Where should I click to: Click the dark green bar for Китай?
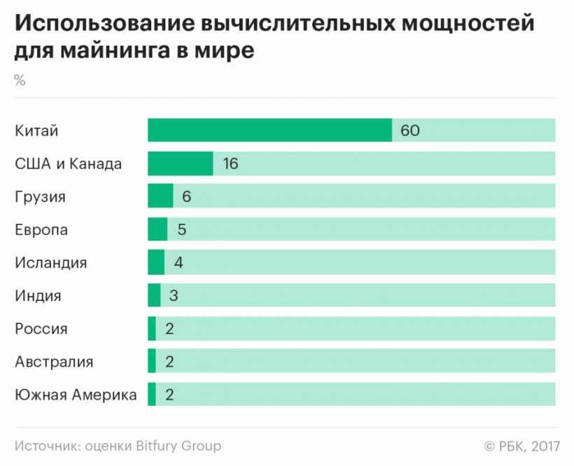click(x=269, y=130)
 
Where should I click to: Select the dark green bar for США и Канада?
click(x=180, y=164)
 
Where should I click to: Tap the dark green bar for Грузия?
click(x=160, y=197)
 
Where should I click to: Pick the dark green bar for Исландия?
click(x=156, y=262)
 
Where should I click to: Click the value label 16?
click(x=230, y=164)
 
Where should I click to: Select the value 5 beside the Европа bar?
click(x=181, y=230)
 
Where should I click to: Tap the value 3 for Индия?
click(x=174, y=295)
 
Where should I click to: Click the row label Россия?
click(x=41, y=329)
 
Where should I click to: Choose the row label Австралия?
click(x=54, y=362)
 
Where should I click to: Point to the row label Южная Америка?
click(x=76, y=395)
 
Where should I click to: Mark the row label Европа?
click(x=41, y=230)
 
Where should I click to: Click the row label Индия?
click(x=38, y=295)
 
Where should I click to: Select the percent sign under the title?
click(x=20, y=80)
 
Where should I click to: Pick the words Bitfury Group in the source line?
click(x=180, y=446)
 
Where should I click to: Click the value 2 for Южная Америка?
click(x=169, y=395)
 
